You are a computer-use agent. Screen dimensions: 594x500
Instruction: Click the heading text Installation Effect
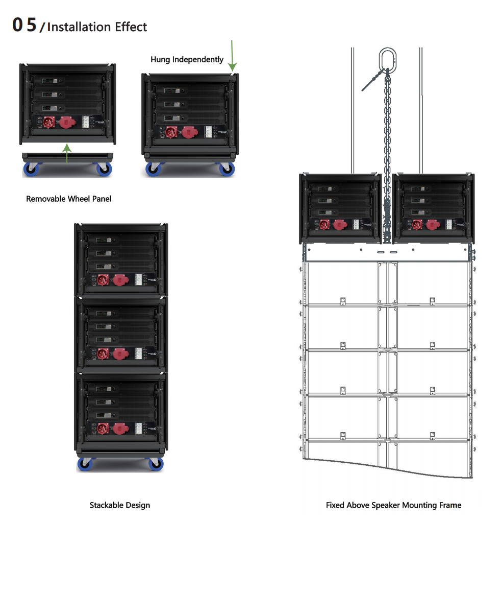[x=97, y=27]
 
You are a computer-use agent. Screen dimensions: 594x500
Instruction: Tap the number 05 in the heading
[x=24, y=25]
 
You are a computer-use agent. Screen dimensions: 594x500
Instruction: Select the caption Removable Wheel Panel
[x=68, y=199]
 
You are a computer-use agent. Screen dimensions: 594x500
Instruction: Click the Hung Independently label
[x=187, y=59]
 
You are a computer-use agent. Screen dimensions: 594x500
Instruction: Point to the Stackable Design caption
[x=120, y=505]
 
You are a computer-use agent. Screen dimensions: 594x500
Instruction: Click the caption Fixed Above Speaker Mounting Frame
[x=393, y=505]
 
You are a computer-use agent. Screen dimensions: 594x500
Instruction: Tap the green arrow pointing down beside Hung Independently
[x=232, y=56]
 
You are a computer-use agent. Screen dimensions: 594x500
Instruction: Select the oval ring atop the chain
[x=387, y=57]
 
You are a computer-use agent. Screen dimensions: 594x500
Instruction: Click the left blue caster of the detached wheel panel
[x=32, y=169]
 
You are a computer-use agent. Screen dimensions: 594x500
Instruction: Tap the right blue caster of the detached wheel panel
[x=103, y=169]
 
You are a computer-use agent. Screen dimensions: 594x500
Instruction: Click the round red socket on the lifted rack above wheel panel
[x=49, y=122]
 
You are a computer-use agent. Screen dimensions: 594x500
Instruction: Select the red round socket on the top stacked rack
[x=103, y=280]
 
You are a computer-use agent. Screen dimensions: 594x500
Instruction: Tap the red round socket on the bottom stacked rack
[x=103, y=428]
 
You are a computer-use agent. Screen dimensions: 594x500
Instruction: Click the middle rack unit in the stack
[x=120, y=335]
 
